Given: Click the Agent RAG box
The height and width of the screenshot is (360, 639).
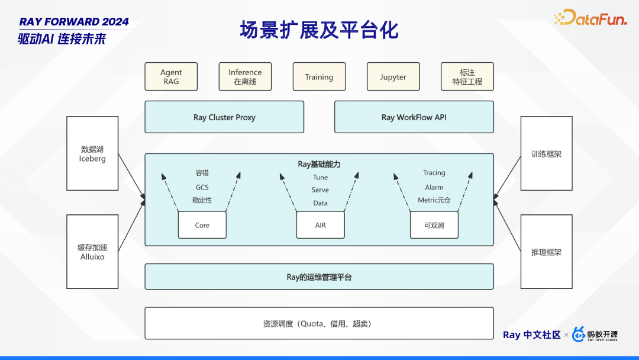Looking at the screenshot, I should click(171, 77).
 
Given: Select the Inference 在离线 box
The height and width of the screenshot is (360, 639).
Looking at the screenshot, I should click(245, 77).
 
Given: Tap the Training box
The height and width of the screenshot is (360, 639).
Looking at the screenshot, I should click(319, 77).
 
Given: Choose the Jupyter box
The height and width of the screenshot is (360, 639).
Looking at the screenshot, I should click(393, 77).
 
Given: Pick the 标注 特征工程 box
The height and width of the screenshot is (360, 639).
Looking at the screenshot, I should click(467, 77).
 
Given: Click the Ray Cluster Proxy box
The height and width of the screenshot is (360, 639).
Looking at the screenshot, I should click(224, 117).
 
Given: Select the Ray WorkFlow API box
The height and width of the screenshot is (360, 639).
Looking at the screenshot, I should click(414, 117).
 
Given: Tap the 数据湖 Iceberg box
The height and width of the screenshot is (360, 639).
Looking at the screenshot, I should click(92, 153).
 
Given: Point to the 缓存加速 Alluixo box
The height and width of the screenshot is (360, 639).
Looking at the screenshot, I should click(92, 252).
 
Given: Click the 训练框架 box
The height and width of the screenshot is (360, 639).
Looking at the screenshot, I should click(546, 153).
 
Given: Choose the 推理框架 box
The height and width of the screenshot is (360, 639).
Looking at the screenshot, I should click(546, 252).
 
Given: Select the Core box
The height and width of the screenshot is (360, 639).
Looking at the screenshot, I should click(202, 225).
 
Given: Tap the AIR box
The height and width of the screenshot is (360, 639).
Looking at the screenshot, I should click(320, 225).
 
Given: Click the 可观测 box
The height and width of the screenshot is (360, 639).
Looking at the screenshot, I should click(434, 225).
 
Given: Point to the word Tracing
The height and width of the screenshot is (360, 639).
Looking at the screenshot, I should click(434, 173).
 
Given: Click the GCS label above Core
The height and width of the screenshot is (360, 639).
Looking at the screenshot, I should click(202, 187).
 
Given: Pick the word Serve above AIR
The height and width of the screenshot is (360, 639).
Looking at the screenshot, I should click(320, 190).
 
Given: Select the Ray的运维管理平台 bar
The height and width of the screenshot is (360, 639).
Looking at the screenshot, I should click(319, 277).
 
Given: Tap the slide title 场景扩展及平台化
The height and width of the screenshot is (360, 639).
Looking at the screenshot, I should click(319, 30).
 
